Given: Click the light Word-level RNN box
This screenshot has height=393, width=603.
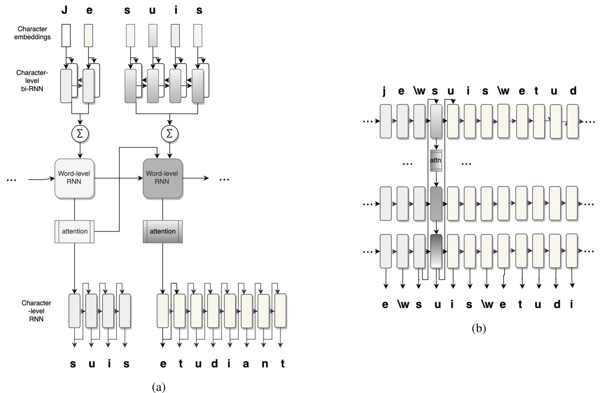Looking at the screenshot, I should click(x=74, y=178).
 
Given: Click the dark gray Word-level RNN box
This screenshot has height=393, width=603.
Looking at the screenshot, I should click(x=163, y=178).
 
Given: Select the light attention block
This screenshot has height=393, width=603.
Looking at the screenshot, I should click(x=75, y=231).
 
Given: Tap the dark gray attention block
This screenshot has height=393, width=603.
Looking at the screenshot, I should click(x=163, y=231).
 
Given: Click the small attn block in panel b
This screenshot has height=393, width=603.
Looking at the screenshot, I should click(x=436, y=160).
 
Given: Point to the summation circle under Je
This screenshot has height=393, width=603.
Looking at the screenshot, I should click(x=80, y=134).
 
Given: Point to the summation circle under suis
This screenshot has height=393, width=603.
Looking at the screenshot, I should click(x=169, y=134).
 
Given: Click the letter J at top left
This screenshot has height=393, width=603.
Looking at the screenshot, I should click(x=65, y=10).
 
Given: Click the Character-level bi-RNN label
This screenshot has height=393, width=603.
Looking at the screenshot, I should click(x=32, y=80).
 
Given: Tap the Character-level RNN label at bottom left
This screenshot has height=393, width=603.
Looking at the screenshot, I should click(x=36, y=311).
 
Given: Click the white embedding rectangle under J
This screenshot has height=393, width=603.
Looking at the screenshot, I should click(x=66, y=35).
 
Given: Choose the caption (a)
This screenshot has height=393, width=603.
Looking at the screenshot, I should click(x=159, y=387).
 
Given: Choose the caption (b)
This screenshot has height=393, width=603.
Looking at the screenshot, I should click(x=479, y=328).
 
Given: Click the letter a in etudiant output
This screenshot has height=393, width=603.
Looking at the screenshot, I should click(x=246, y=364).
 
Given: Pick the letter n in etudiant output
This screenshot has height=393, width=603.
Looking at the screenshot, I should click(x=265, y=364).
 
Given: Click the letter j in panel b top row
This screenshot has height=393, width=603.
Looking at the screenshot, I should click(x=384, y=91).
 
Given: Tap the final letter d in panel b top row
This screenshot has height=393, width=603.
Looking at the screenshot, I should click(x=573, y=91).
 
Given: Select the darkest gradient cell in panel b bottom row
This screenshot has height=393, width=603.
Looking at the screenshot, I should click(x=436, y=251).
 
